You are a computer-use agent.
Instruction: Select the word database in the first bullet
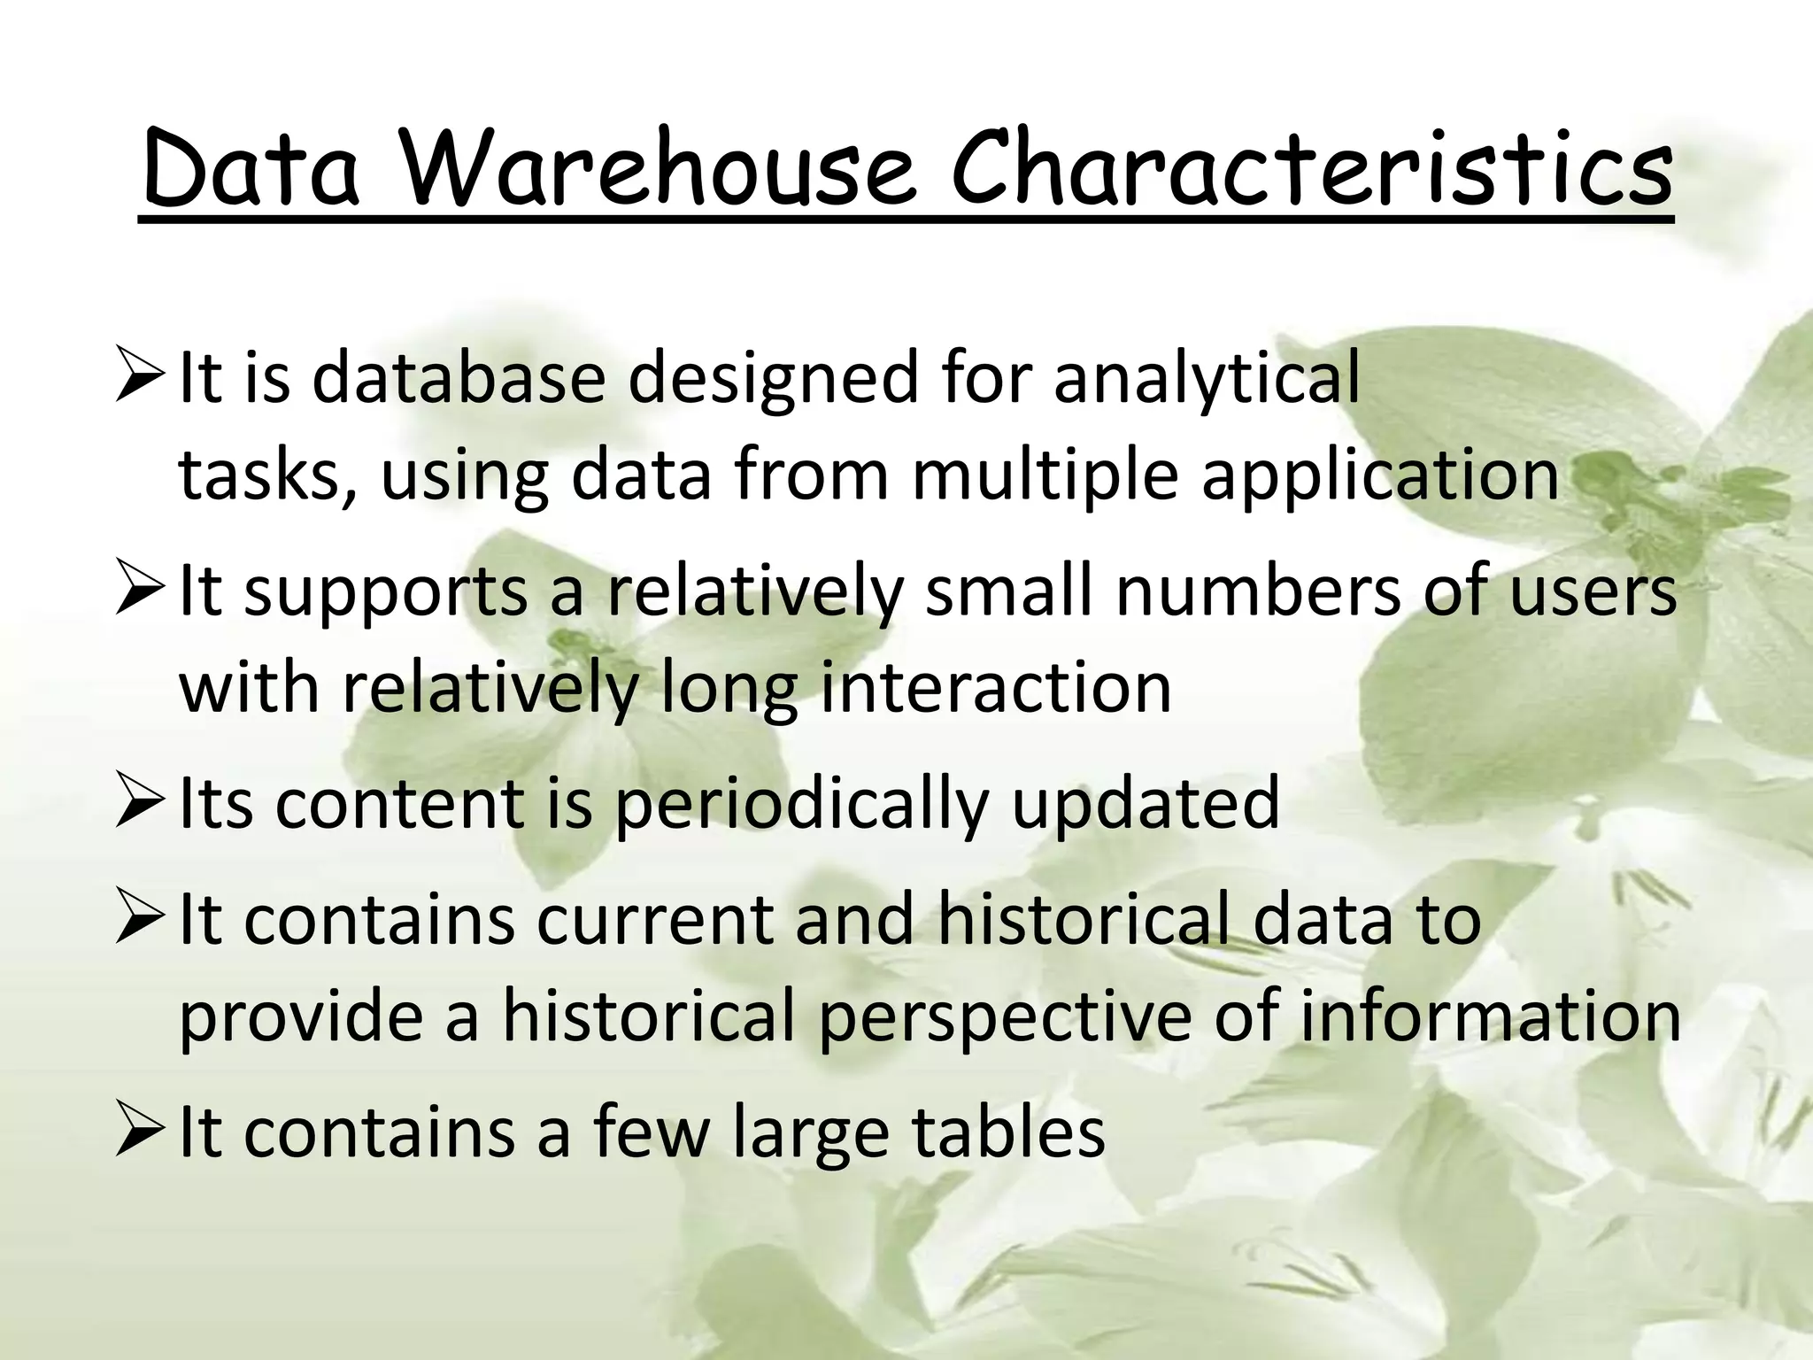[459, 378]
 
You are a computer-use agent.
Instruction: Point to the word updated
[1145, 803]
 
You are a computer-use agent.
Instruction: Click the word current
[654, 920]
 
